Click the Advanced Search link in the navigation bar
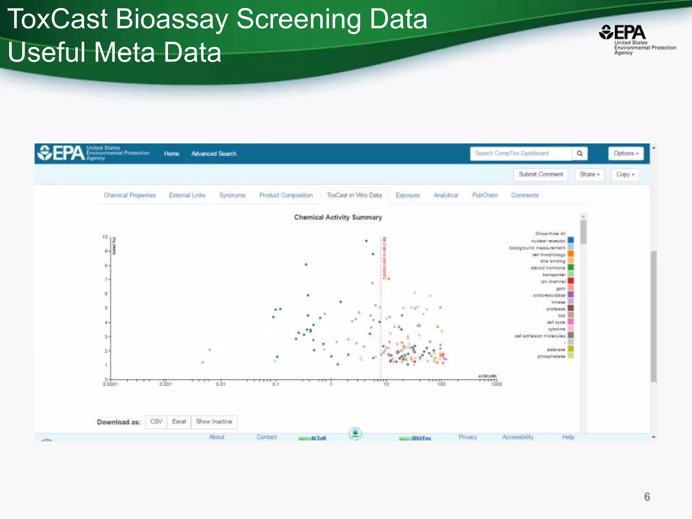tap(214, 154)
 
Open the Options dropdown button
tap(626, 153)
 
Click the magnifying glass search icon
tap(580, 153)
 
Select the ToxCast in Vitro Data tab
tap(354, 195)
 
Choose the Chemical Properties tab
tap(130, 195)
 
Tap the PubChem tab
tap(485, 195)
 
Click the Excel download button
tap(179, 422)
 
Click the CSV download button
tap(156, 422)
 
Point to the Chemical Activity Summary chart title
tap(338, 217)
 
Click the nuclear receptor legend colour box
tap(571, 240)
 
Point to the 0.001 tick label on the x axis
tap(166, 384)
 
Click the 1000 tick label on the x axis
tap(496, 384)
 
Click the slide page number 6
tap(647, 497)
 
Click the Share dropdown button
tap(589, 174)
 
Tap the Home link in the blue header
tap(171, 154)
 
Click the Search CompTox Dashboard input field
tap(521, 153)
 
